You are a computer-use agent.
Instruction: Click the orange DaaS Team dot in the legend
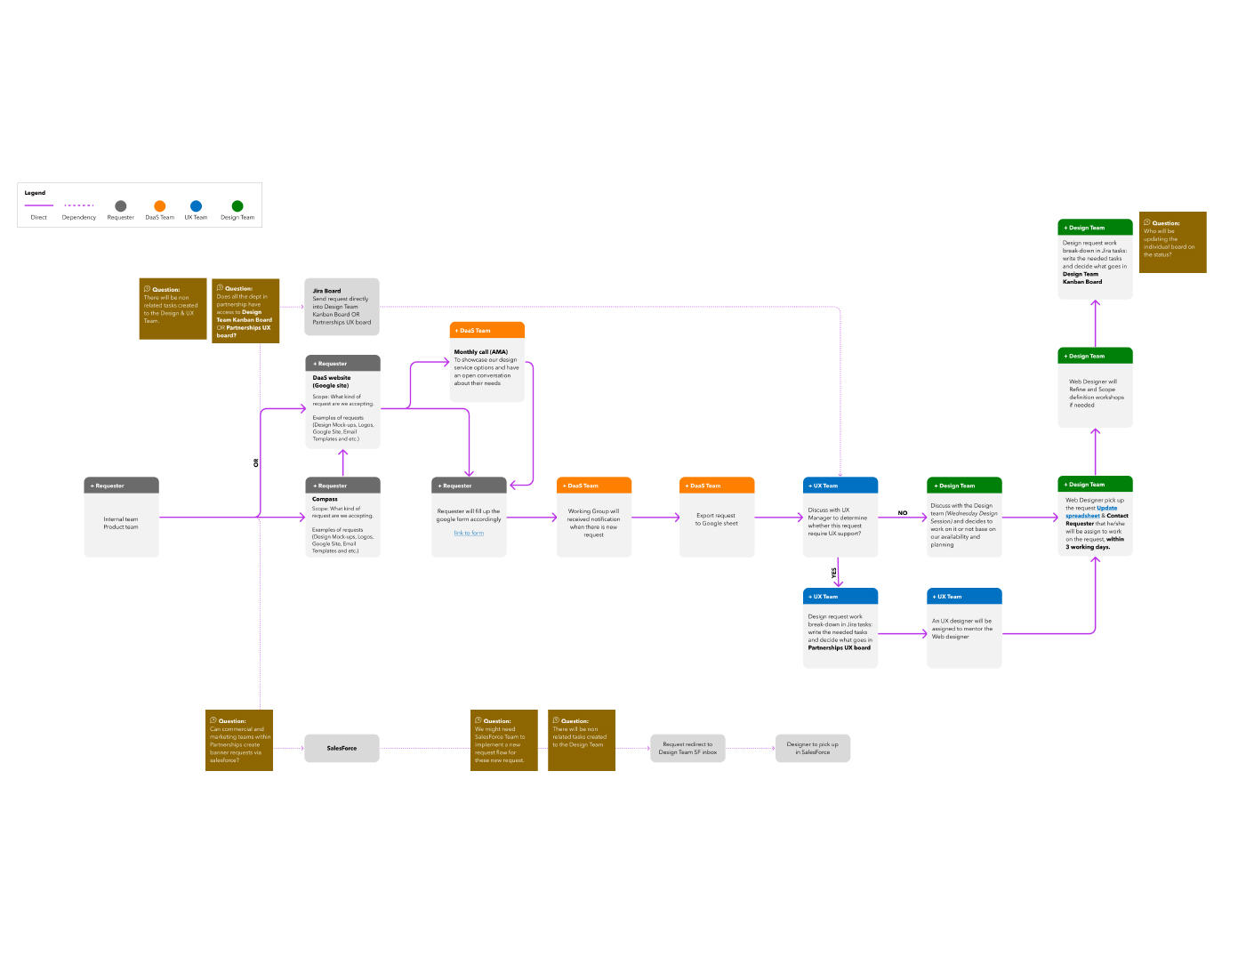160,206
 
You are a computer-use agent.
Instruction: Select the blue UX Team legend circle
196,206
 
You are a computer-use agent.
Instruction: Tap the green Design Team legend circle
237,206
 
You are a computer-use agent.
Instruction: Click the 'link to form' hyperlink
469,534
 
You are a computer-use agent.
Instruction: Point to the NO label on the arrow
903,513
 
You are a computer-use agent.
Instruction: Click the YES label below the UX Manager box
834,573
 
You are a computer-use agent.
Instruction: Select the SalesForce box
342,748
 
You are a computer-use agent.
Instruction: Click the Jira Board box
342,307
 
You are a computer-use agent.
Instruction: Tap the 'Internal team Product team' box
121,523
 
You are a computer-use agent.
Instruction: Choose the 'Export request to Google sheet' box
717,519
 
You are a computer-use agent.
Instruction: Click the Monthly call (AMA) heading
481,352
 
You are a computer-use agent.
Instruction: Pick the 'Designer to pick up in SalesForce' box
813,748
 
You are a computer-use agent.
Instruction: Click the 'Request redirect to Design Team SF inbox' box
687,748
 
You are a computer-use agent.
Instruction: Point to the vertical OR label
256,463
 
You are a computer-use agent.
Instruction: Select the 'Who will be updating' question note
1172,242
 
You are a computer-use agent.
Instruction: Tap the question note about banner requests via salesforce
239,740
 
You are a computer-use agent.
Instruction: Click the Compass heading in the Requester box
325,500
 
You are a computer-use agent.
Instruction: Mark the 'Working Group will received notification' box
594,522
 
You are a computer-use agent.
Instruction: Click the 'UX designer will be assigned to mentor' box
964,629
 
